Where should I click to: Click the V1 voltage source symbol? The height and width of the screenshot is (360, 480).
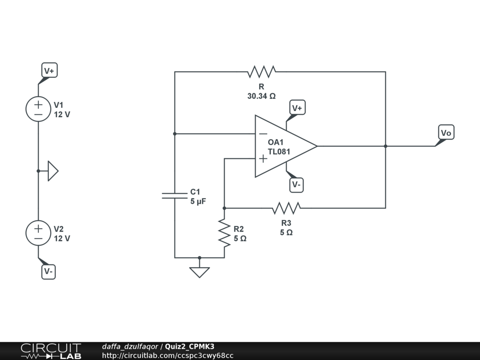(x=38, y=109)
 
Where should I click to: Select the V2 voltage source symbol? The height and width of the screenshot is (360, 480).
(x=38, y=232)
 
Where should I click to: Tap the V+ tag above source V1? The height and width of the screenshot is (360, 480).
(x=49, y=71)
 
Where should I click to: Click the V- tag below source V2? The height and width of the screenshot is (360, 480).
(x=49, y=271)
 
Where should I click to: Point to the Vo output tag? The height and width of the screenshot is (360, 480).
(x=446, y=133)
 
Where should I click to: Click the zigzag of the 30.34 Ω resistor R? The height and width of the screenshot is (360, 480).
(x=262, y=72)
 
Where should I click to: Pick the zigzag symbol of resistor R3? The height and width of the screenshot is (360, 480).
(x=286, y=208)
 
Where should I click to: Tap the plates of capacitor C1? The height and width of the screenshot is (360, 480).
(x=174, y=195)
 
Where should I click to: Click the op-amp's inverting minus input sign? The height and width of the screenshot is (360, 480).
(x=263, y=134)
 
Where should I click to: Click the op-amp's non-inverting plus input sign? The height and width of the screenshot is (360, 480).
(x=263, y=159)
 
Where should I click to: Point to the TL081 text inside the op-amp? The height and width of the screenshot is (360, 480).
(x=279, y=151)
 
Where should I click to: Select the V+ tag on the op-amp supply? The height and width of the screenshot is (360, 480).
(x=297, y=108)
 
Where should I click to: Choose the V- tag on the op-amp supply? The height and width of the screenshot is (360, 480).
(x=296, y=185)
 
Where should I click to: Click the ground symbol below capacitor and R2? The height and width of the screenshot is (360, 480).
(x=200, y=271)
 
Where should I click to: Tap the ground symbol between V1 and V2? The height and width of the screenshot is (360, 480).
(x=52, y=171)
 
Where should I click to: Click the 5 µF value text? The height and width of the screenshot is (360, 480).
(x=198, y=202)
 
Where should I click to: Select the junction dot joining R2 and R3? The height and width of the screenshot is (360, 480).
(x=224, y=208)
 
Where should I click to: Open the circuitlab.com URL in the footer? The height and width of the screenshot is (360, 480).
(x=167, y=355)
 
